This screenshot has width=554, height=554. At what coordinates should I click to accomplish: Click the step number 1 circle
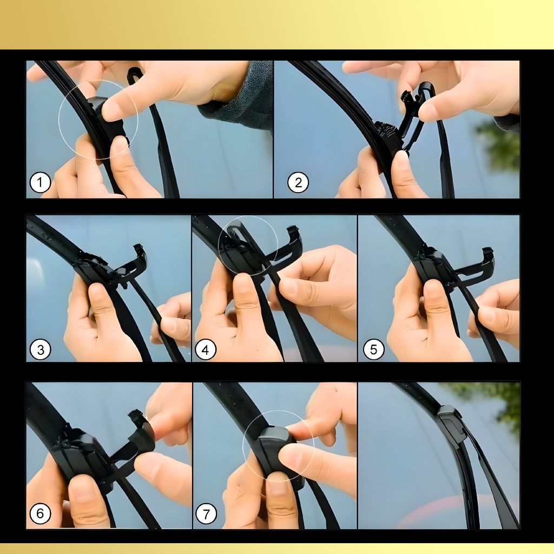point(40,183)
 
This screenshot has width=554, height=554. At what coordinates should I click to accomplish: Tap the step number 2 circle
point(298,183)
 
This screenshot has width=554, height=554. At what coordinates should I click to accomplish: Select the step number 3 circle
point(40,349)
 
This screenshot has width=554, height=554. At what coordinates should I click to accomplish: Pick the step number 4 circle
point(206,349)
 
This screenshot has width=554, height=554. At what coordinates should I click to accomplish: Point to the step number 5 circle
point(373,349)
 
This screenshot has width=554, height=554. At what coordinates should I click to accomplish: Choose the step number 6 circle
point(40,513)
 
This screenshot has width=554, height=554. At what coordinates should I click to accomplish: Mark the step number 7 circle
point(206,513)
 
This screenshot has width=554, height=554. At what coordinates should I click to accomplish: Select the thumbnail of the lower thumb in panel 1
point(120,145)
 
